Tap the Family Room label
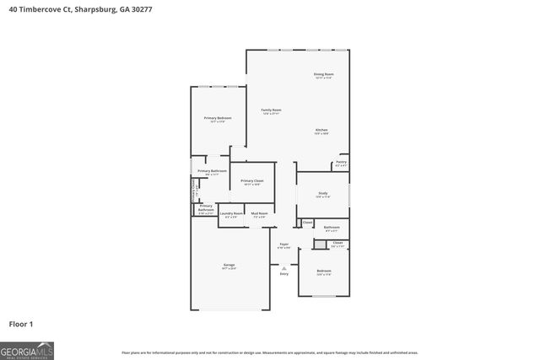click(271, 110)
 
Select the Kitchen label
click(321, 130)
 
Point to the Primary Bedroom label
click(218, 118)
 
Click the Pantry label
click(341, 162)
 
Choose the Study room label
click(322, 194)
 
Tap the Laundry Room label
click(231, 214)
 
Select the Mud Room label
click(259, 214)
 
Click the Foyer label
click(284, 244)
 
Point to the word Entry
click(284, 274)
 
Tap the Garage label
click(229, 265)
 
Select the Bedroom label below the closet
click(324, 271)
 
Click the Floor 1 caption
click(21, 324)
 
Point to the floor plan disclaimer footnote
click(270, 352)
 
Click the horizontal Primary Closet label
click(252, 181)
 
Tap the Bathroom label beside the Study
click(332, 226)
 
